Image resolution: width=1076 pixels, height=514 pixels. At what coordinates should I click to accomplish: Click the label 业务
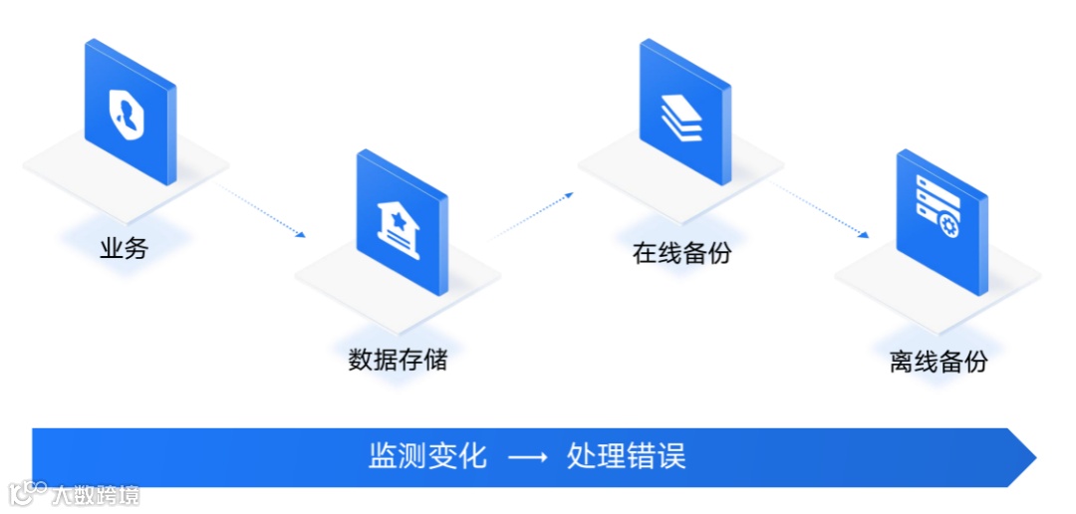tap(124, 248)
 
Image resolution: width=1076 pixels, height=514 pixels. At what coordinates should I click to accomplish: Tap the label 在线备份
tap(681, 252)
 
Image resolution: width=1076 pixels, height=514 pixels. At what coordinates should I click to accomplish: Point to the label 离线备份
tap(939, 361)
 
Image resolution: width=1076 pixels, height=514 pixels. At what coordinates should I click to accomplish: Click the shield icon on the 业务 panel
tap(131, 112)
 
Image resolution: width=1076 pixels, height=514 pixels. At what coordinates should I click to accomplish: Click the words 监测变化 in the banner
tap(427, 456)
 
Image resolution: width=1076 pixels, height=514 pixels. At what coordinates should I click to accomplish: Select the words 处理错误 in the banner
tap(626, 456)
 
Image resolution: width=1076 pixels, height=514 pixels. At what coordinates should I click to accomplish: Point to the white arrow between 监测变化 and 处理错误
tap(527, 457)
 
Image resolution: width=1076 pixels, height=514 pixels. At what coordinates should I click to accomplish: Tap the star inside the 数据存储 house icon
tap(399, 219)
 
